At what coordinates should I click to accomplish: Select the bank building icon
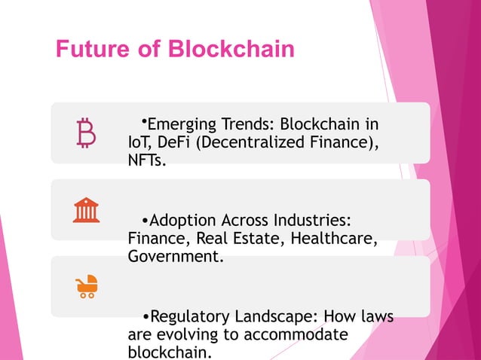(87, 210)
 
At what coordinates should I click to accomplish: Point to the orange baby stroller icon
(87, 287)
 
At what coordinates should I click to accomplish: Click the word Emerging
(180, 124)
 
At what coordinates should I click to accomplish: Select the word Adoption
(182, 221)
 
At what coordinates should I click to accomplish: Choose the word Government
(176, 257)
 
